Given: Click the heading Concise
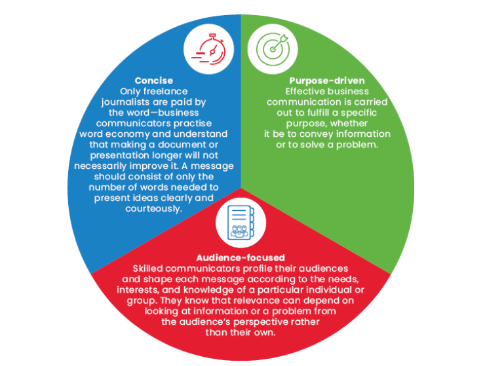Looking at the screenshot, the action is [x=154, y=81].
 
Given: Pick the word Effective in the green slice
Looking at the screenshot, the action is [x=308, y=92].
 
